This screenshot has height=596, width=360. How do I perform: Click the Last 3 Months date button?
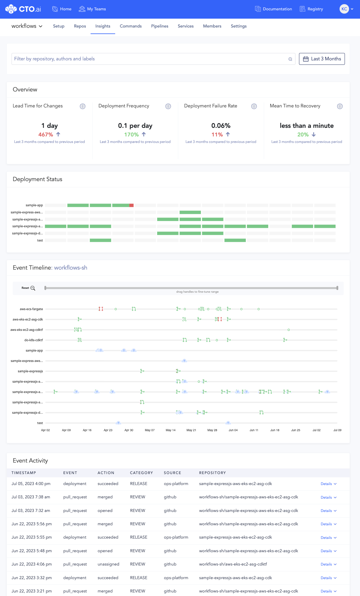pos(322,59)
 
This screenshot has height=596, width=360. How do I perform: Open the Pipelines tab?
pos(160,26)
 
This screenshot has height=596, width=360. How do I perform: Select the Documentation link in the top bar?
pos(274,9)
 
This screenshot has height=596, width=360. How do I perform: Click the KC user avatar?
pos(344,9)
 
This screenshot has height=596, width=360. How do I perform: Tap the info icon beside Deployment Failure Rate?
pos(254,106)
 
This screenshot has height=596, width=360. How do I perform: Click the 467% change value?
pos(46,135)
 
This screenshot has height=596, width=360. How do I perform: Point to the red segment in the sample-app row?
pos(131,205)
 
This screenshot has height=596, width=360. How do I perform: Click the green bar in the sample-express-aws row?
pos(190,212)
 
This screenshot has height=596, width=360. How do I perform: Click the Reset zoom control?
pos(28,288)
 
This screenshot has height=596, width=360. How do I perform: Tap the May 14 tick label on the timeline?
pos(171,430)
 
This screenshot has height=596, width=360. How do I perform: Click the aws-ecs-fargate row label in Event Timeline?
pos(31,309)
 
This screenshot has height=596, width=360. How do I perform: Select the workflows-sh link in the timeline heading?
pos(71,268)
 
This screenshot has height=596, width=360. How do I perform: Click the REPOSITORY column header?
pos(213,473)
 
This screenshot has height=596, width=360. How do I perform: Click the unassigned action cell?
pos(108,564)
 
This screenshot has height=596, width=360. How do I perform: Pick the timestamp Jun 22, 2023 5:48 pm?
pos(32,551)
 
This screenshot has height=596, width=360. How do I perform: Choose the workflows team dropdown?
pos(27,26)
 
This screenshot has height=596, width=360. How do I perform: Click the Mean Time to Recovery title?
pos(295,106)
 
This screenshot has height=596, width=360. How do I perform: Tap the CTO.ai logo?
pos(23,9)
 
